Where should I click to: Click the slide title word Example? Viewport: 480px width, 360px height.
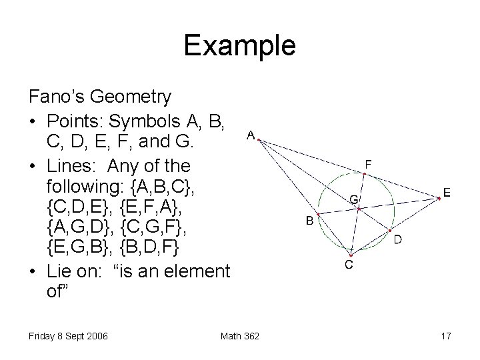(x=239, y=45)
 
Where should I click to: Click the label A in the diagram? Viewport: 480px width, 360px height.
(x=250, y=135)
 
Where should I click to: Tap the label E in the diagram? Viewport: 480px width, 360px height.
(x=447, y=193)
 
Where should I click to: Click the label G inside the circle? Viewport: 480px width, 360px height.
(x=354, y=199)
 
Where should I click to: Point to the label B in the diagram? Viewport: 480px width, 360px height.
(x=310, y=221)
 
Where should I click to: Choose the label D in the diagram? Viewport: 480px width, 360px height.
(x=397, y=239)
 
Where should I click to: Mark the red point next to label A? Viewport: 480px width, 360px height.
(x=259, y=140)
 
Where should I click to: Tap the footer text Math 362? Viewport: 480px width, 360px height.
(x=240, y=336)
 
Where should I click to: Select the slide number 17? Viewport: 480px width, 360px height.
(x=445, y=336)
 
